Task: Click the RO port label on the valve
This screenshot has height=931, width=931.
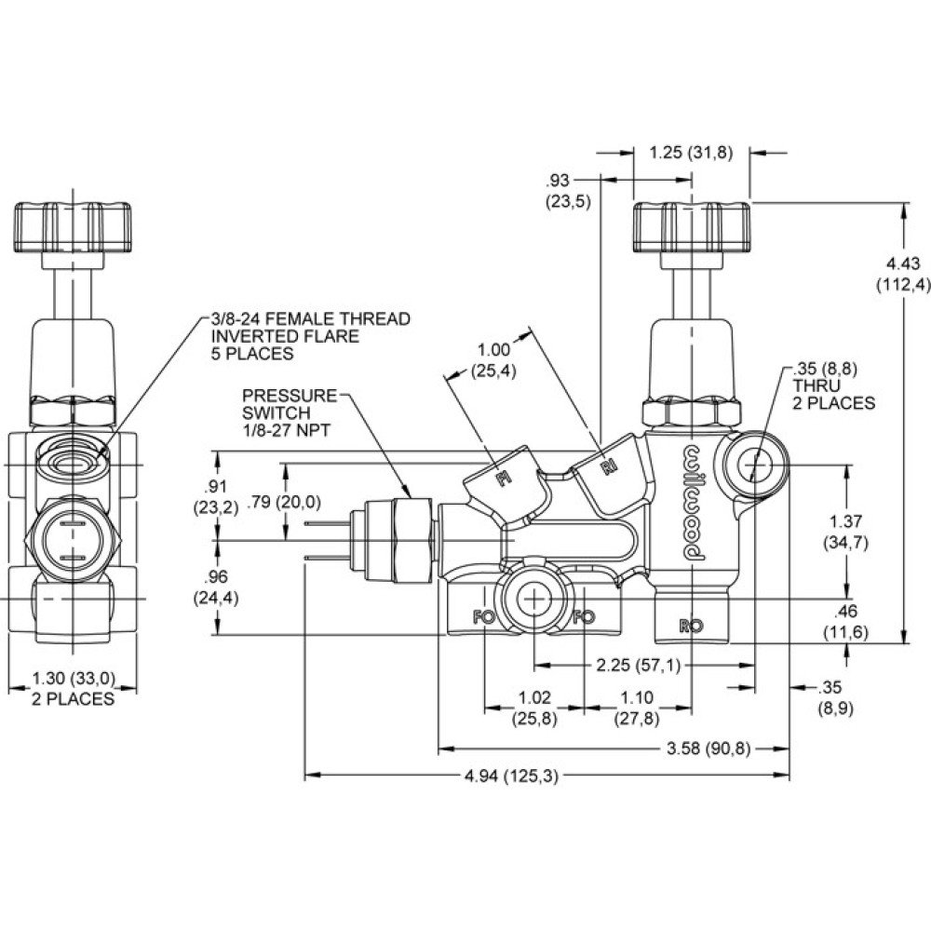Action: [690, 626]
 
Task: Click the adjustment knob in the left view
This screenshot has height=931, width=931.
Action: [73, 225]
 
